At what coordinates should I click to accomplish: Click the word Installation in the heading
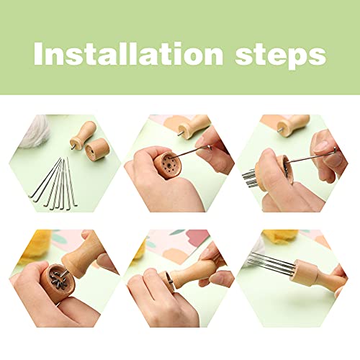[129, 53]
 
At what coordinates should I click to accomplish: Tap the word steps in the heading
[281, 55]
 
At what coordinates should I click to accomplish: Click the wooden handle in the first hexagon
[83, 135]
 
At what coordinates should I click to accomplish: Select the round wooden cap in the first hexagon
[97, 149]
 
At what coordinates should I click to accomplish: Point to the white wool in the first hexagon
[36, 131]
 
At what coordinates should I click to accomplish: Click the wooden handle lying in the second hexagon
[194, 127]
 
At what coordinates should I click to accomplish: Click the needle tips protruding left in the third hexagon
[249, 178]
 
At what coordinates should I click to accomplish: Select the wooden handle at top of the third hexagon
[293, 125]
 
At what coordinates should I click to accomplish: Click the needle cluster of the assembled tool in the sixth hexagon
[271, 262]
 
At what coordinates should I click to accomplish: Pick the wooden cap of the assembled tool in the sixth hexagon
[304, 272]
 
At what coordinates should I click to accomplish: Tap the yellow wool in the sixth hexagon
[279, 235]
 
